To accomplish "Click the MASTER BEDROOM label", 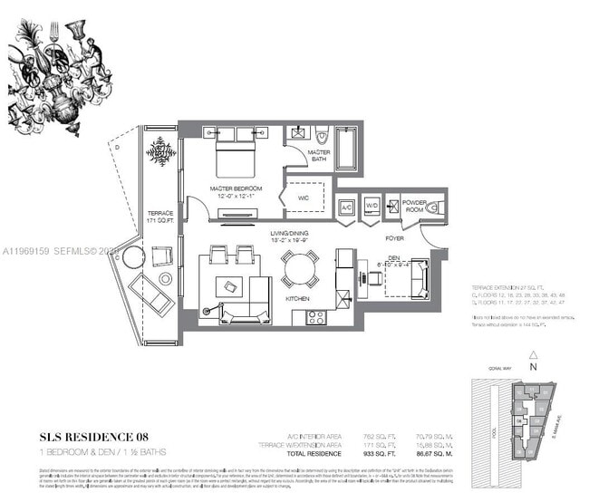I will tap(235, 189).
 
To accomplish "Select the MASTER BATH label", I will tap(318, 155).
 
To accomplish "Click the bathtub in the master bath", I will tap(347, 149).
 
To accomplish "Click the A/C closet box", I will tap(346, 207).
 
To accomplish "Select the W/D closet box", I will tap(372, 207).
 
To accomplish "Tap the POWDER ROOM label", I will tap(414, 205).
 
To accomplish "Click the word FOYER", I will tap(393, 240).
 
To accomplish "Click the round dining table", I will tap(299, 269).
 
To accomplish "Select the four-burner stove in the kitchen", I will tap(316, 316).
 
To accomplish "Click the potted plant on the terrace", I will tap(161, 150).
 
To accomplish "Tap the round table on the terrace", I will tap(133, 257).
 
